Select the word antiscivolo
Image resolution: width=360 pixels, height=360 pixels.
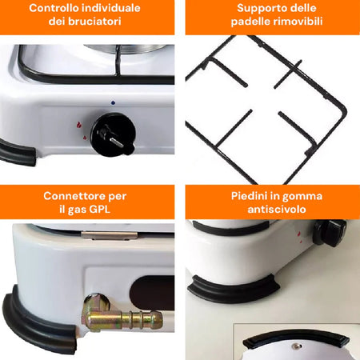pos(277,209)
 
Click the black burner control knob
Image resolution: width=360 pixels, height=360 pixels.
pos(113,135)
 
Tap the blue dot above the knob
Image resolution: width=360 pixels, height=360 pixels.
pos(113,102)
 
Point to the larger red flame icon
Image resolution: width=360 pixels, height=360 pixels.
pos(78,125)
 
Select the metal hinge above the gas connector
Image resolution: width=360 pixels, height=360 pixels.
pos(110,235)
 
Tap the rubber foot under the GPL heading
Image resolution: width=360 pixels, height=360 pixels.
pos(40,322)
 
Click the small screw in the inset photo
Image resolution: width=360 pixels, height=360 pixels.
pos(296,346)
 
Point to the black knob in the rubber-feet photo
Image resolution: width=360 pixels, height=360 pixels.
pos(330,233)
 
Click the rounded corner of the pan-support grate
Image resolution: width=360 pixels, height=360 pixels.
pos(342,109)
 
